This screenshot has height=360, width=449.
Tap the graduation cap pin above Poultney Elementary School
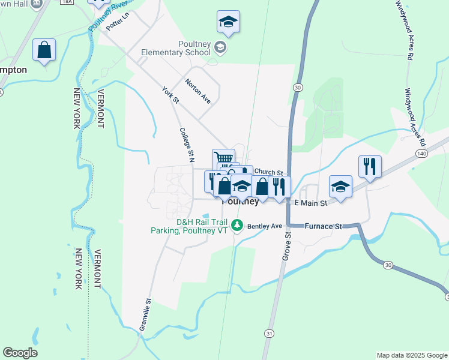(228, 23)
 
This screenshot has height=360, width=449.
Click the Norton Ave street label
(198, 91)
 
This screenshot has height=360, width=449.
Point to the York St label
(170, 95)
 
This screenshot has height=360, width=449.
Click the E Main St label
(310, 203)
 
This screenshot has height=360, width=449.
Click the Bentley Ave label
(264, 226)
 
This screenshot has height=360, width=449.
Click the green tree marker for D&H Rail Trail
(238, 226)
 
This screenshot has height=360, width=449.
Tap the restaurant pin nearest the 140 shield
(370, 166)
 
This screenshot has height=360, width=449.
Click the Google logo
(20, 353)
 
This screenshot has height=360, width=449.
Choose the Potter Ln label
(118, 25)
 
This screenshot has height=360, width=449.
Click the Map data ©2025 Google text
(411, 355)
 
